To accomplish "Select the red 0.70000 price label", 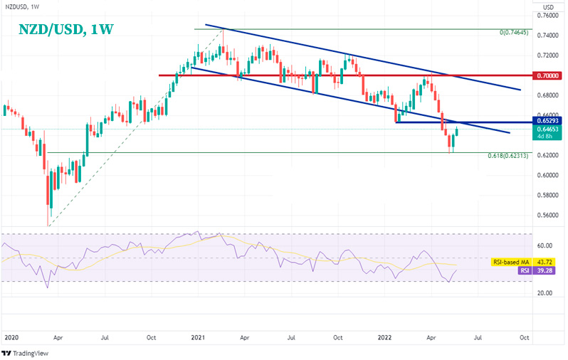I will pos(548,75).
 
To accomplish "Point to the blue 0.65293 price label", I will pos(548,121).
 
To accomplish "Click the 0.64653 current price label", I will pos(548,129).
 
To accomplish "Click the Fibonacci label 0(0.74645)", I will pos(513,33).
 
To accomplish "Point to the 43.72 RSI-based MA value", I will pos(546,263).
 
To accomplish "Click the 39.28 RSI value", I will pos(546,271).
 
